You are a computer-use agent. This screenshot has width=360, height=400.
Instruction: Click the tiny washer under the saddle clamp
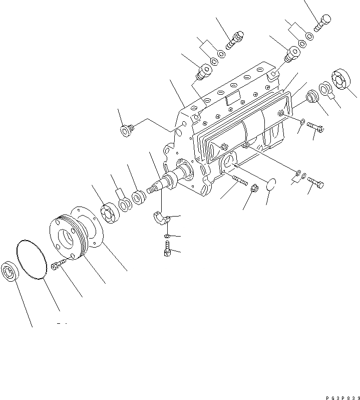tap(167, 236)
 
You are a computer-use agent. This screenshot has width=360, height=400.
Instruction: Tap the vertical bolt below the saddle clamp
tap(167, 249)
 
